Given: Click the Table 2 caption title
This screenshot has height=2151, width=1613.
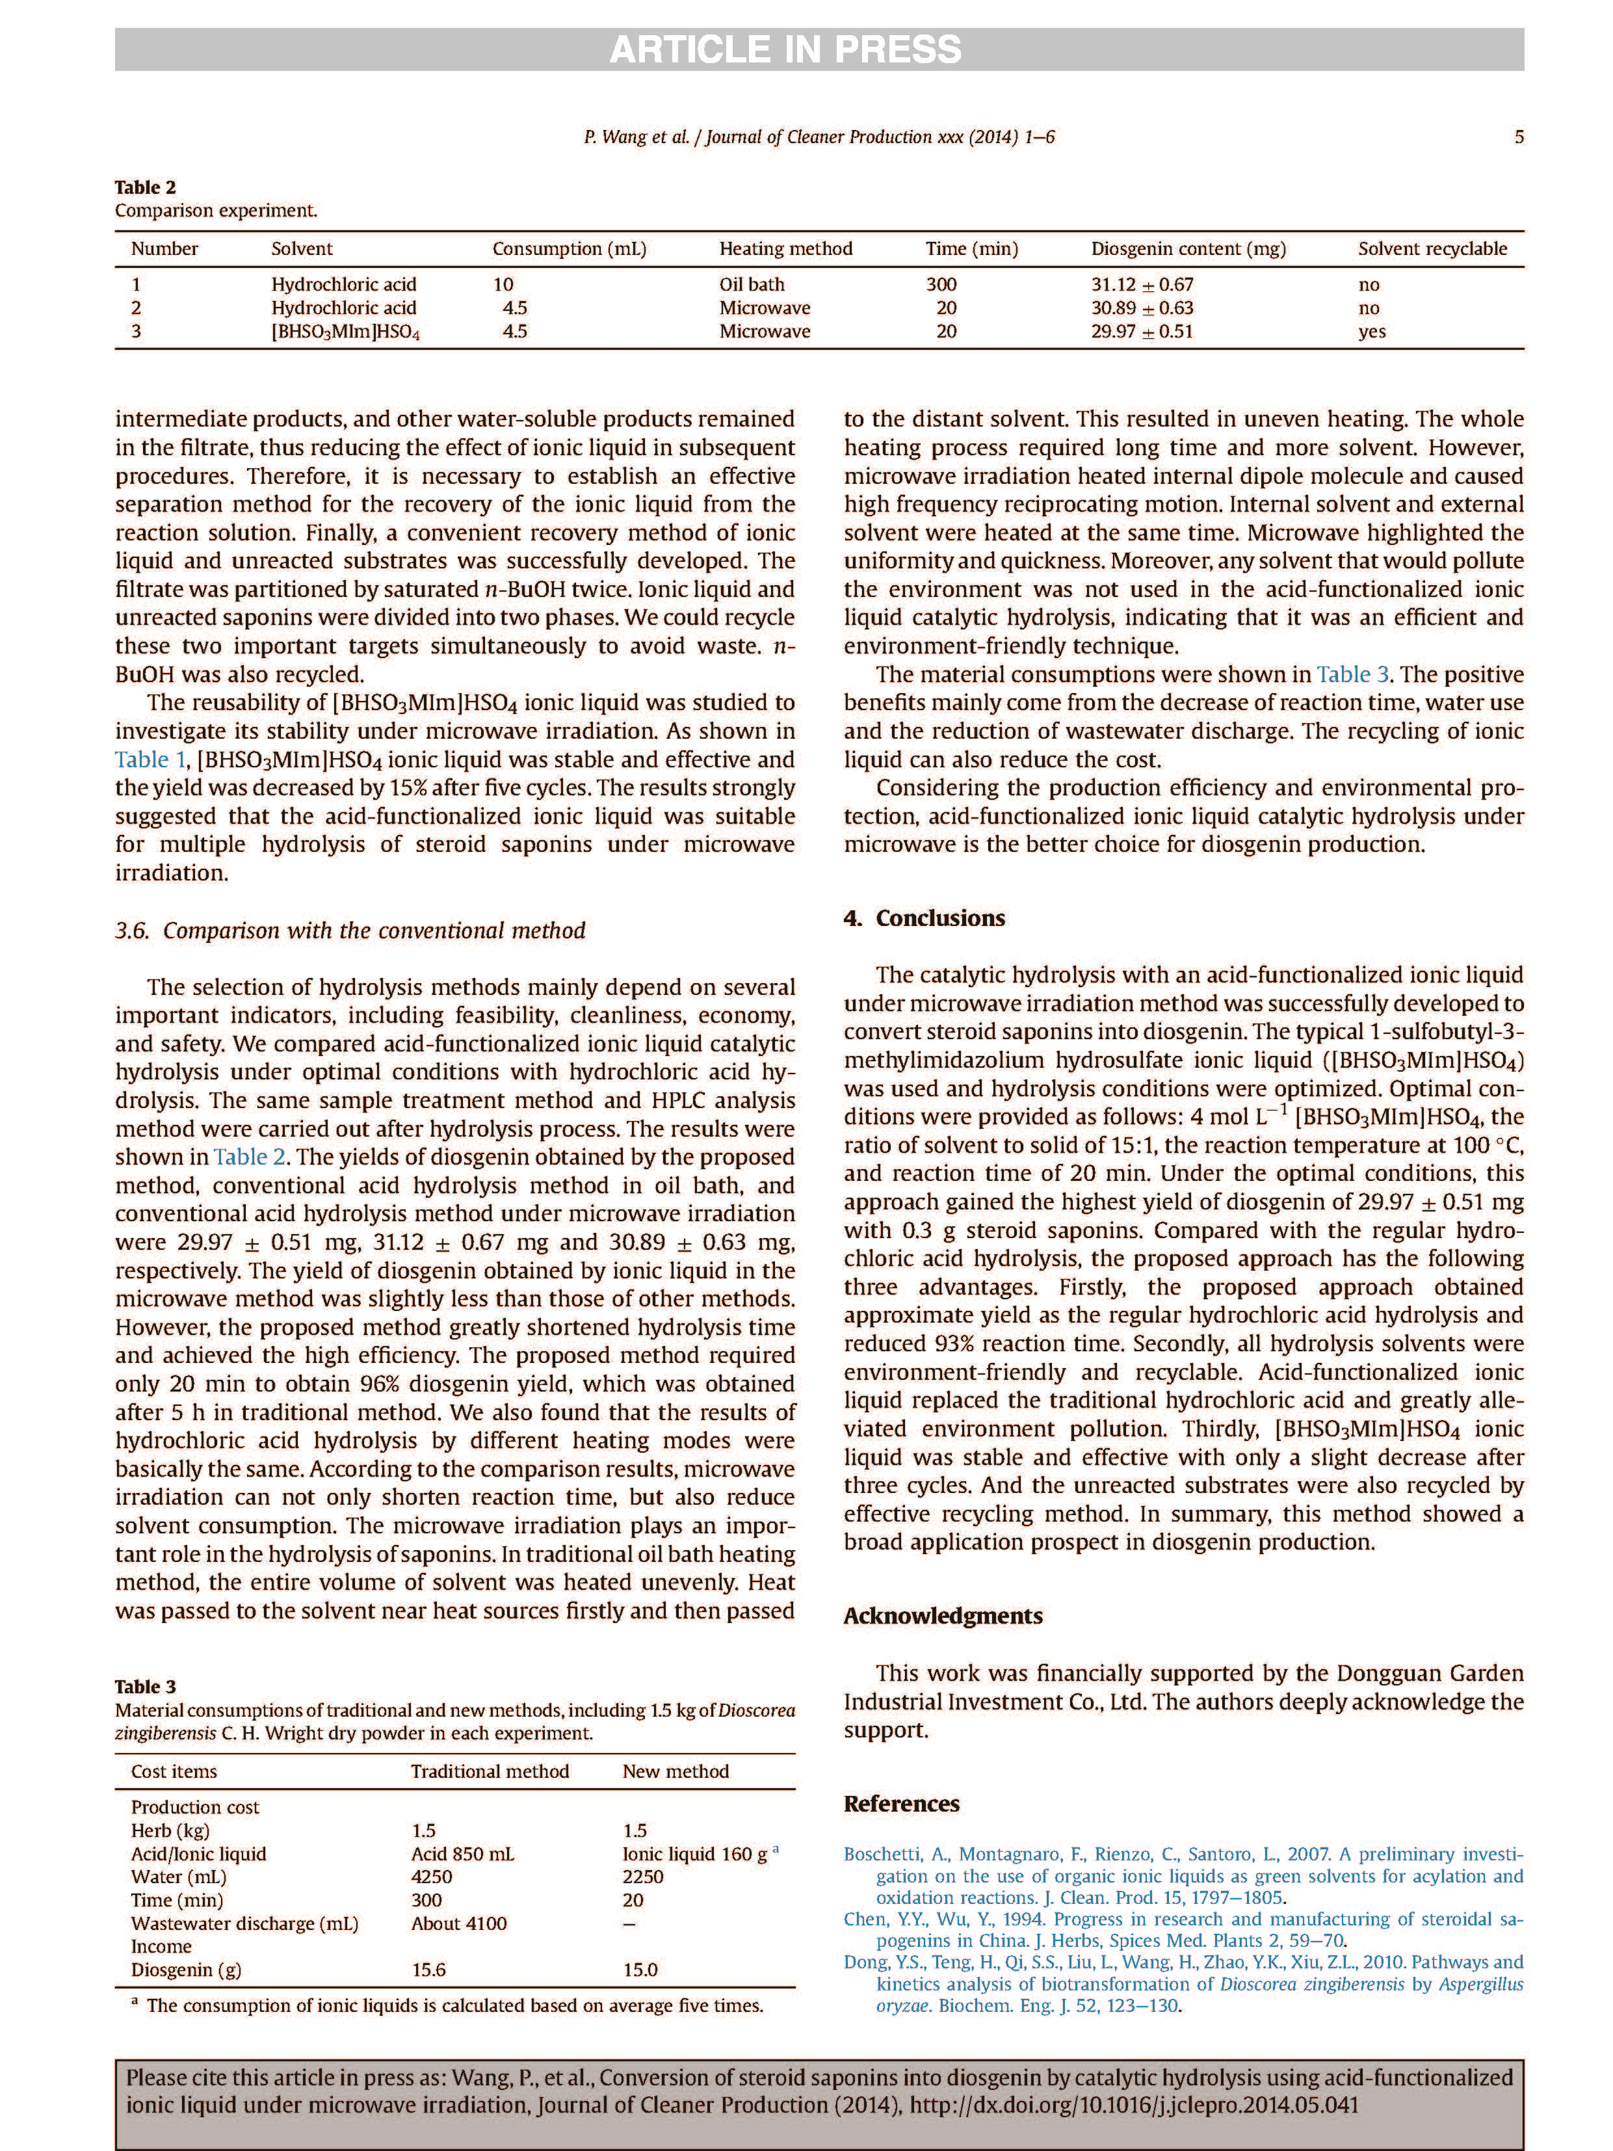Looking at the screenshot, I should coord(145,187).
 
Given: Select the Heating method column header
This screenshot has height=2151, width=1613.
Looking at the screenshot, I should coord(785,249).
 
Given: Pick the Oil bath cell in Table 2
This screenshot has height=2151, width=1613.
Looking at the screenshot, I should coord(752,285).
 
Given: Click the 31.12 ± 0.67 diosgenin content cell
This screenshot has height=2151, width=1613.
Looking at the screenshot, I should coord(1142,285).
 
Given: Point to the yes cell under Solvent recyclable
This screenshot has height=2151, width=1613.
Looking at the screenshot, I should coord(1371,332).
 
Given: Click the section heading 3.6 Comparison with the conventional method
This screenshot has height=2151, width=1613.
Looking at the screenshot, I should coord(350,930).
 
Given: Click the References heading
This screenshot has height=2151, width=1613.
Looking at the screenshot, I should coord(901,1804).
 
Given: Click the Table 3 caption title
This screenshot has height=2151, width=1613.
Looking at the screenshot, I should coord(145,1686).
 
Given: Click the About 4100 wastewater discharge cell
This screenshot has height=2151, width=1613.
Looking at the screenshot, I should coord(458,1923).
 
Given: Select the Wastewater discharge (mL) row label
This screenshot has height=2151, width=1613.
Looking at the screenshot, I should coord(244,1923).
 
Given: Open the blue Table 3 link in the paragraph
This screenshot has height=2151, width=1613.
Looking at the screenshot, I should coord(1352,675).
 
